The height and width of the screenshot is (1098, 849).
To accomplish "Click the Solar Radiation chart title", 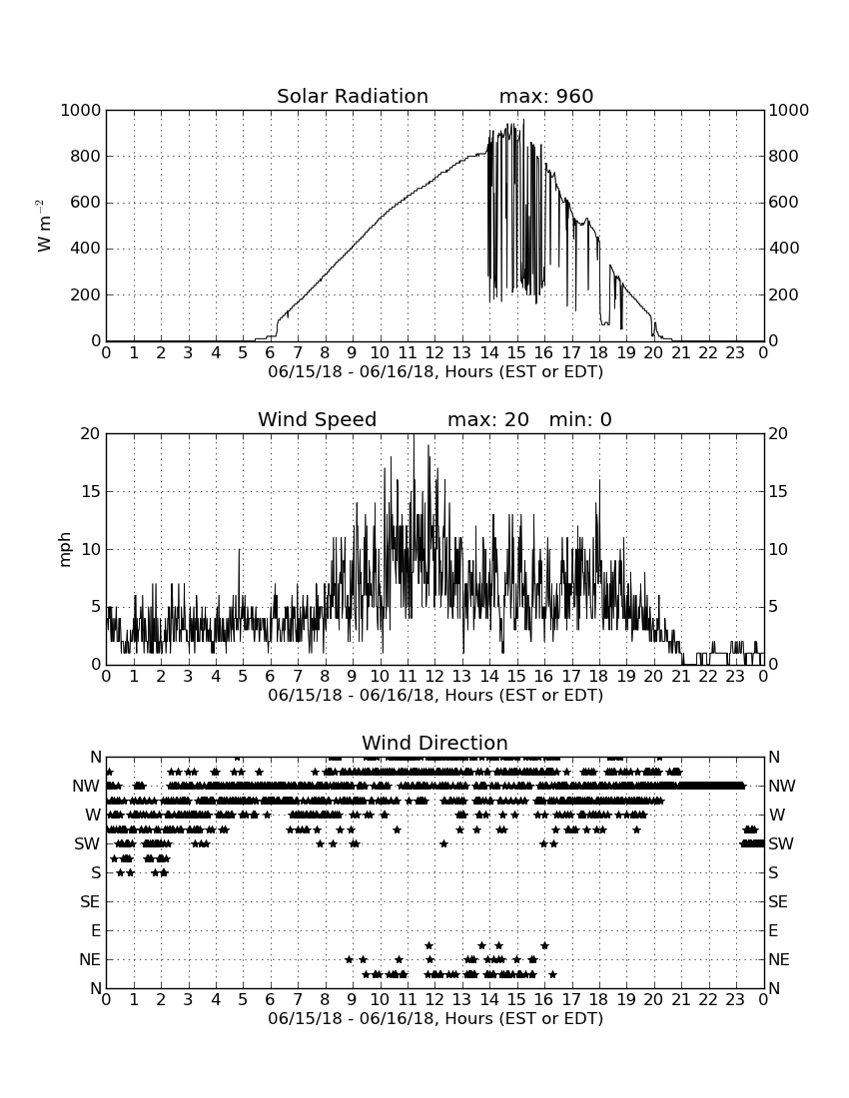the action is coord(353,96).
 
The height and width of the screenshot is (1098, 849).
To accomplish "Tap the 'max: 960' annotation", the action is coord(546,96).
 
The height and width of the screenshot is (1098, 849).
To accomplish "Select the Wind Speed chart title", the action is coord(318,419).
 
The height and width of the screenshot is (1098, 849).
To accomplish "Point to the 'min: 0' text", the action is coord(580,419).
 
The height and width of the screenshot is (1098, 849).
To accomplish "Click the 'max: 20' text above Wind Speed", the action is coord(488,419).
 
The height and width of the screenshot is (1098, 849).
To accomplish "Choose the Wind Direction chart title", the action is coord(434,743).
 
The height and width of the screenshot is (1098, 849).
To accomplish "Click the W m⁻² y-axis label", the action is coord(43,226).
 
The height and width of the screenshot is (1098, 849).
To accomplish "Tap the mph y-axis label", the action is coord(65,550).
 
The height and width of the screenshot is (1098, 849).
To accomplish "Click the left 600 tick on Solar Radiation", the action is coord(86,203).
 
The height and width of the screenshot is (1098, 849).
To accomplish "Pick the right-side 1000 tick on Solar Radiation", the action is coord(789,110).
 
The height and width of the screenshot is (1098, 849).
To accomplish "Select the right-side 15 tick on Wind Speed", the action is coord(778,491).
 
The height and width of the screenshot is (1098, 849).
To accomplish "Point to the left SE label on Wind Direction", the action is coord(90,902).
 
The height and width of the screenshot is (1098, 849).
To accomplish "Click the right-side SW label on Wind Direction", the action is coord(781,843).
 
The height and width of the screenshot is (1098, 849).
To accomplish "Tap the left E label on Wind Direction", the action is coord(95,930).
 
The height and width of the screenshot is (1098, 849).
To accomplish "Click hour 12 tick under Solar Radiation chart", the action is coord(434,352).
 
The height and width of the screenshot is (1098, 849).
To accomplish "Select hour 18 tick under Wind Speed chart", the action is coord(599,676).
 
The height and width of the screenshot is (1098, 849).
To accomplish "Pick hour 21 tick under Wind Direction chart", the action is coord(681,999).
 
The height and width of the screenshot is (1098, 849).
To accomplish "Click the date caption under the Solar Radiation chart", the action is coord(435,371).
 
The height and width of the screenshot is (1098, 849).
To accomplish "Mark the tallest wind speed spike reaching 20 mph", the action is coord(414,435).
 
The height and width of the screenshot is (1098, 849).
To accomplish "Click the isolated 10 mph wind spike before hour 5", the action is coord(239,550).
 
